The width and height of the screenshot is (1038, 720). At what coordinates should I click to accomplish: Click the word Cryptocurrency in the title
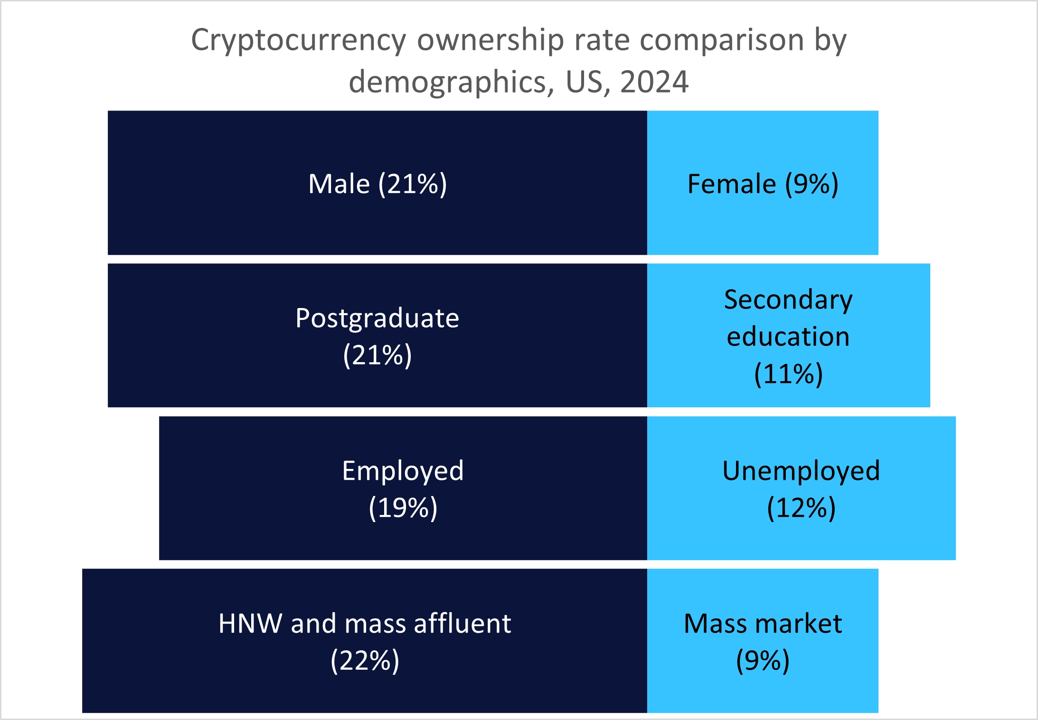(298, 40)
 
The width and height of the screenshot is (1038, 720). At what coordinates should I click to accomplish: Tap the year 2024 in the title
(654, 82)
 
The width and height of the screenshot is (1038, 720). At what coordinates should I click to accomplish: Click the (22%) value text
(365, 660)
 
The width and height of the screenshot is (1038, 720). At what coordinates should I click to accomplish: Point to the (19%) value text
(403, 507)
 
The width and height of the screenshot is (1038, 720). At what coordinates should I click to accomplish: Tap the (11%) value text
(788, 374)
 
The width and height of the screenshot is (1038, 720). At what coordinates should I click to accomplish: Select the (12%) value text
(801, 507)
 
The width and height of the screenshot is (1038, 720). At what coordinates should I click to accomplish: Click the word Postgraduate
(377, 318)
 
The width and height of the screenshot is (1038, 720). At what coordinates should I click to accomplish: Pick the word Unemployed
(801, 471)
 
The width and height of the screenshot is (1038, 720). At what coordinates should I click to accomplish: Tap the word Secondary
(788, 300)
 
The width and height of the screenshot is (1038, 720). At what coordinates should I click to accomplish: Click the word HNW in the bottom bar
(250, 624)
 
